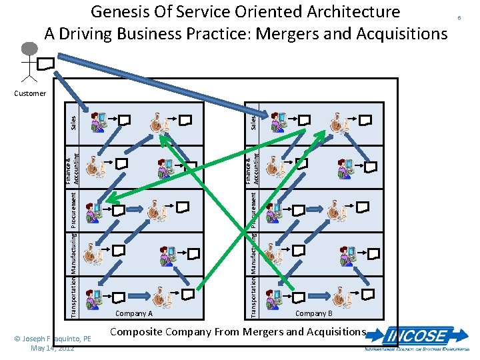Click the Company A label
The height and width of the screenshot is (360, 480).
pyautogui.click(x=134, y=313)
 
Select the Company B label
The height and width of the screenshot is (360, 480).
pyautogui.click(x=314, y=313)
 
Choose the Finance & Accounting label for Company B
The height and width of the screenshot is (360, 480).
pyautogui.click(x=251, y=169)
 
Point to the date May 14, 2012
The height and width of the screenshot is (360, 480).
pyautogui.click(x=57, y=348)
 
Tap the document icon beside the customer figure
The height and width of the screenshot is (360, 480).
pyautogui.click(x=46, y=63)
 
